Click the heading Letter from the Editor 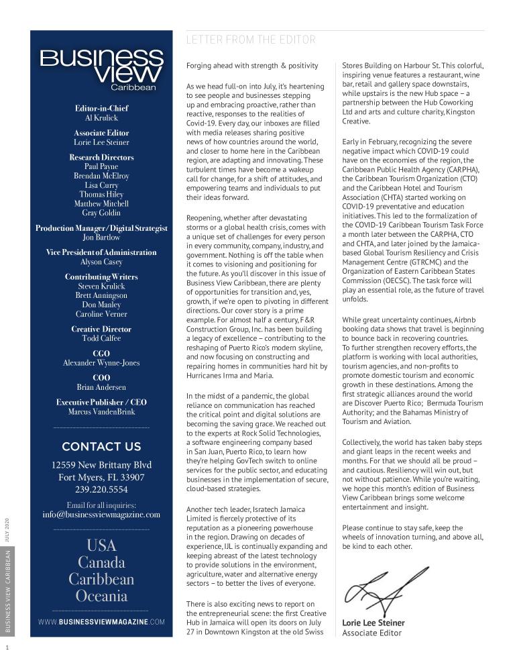click(x=250, y=40)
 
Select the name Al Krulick click(x=101, y=117)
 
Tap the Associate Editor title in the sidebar click(x=101, y=133)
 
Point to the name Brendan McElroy click(x=101, y=176)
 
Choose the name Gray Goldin click(x=101, y=213)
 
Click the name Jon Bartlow click(x=101, y=238)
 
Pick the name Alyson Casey click(x=101, y=262)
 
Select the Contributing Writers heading click(x=101, y=277)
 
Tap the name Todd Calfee click(x=101, y=338)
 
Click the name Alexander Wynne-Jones click(x=101, y=363)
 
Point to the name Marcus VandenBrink click(x=101, y=411)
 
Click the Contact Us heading click(x=101, y=446)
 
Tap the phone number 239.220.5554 click(x=101, y=490)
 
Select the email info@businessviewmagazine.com click(x=101, y=515)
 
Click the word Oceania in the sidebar click(x=101, y=596)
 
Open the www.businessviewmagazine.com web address click(x=101, y=622)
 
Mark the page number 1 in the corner click(x=7, y=648)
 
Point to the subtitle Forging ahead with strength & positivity click(x=252, y=66)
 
